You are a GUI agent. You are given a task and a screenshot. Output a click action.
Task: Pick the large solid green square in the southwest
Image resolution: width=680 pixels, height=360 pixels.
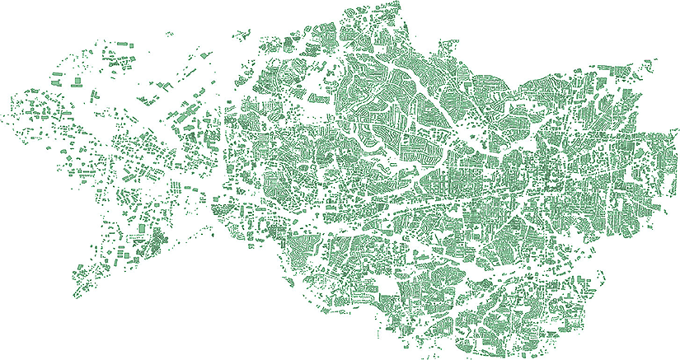142,226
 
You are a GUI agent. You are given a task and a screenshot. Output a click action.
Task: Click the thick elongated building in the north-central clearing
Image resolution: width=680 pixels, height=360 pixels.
317,98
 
